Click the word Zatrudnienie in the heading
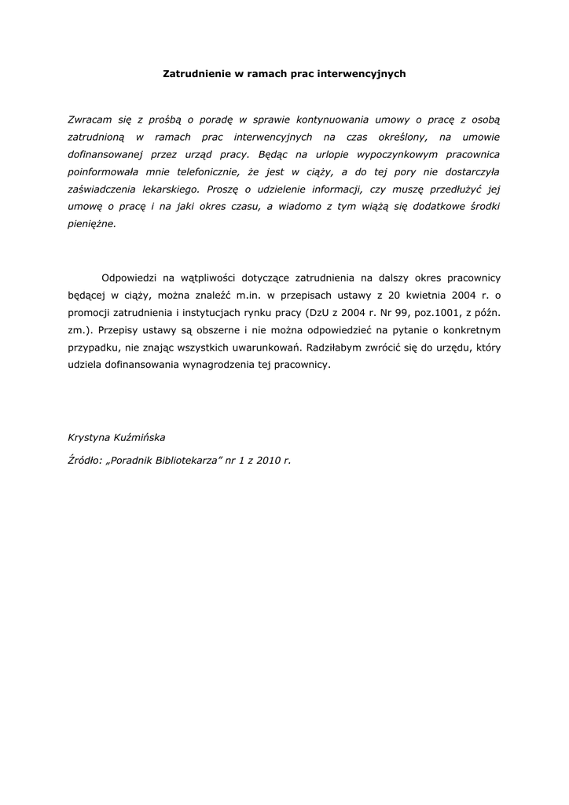click(x=195, y=74)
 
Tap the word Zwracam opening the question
click(x=92, y=119)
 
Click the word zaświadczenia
click(x=103, y=189)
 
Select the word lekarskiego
click(x=170, y=189)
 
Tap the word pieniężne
click(x=92, y=223)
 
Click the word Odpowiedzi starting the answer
click(x=130, y=278)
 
